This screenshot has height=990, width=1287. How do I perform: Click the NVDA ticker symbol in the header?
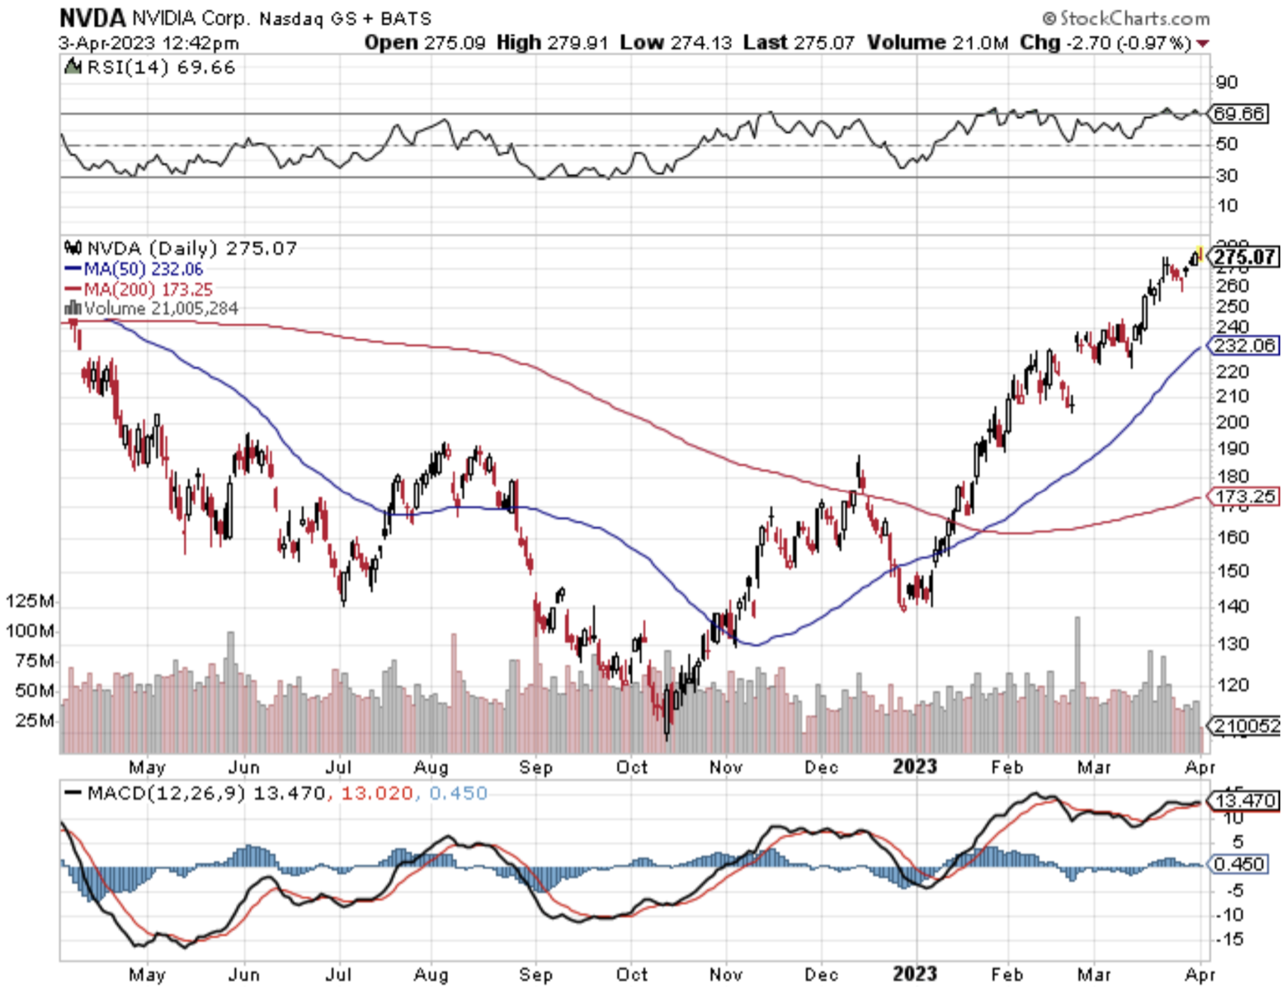(92, 17)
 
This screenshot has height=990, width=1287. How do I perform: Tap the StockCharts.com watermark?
(1126, 17)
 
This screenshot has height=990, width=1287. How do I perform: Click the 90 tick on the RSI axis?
(1227, 82)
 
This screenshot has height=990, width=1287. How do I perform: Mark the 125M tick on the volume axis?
(31, 601)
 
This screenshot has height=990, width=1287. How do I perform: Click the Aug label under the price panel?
(431, 767)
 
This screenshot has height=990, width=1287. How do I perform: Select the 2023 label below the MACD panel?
(915, 974)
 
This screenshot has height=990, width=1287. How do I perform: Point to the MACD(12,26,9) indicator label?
(166, 794)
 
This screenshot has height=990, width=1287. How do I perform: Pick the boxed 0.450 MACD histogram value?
(1240, 864)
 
